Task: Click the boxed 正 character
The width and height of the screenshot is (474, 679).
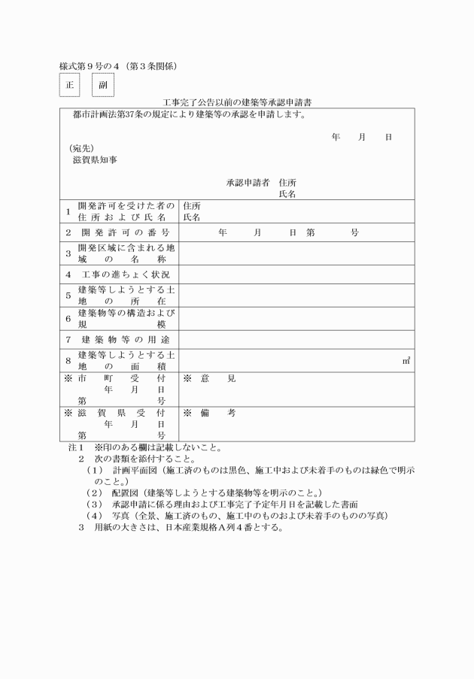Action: pos(68,85)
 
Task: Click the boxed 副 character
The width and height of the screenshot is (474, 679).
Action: pos(103,85)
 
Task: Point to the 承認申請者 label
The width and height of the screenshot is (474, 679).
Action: pos(248,183)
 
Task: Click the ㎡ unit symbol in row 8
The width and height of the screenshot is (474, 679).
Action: pos(406,361)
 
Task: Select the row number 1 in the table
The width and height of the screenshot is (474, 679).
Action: pos(68,211)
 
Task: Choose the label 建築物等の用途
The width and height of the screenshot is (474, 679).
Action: pos(125,339)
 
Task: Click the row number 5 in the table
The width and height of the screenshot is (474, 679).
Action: pos(68,296)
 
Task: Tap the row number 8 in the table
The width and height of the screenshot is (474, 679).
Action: pos(68,360)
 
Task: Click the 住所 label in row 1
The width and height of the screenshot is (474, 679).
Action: pos(192,206)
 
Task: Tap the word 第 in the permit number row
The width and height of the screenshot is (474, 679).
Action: pos(310,233)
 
